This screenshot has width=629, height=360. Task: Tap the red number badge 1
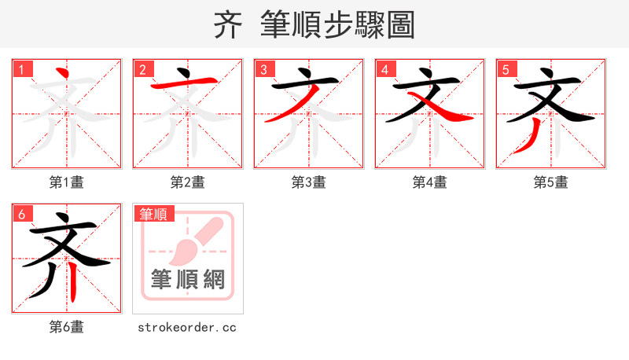point(21,69)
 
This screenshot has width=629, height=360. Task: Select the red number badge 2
point(142,69)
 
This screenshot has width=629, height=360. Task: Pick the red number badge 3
point(263,69)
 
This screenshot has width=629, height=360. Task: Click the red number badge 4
point(384,69)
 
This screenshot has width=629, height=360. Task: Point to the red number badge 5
point(506,69)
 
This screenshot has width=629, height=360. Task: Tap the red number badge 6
point(21,214)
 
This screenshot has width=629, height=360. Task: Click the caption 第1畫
point(67,182)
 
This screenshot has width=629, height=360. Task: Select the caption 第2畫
point(188,182)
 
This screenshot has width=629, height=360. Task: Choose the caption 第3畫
point(309,182)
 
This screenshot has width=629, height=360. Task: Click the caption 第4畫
point(430,182)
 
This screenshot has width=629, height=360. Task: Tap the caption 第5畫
point(551,182)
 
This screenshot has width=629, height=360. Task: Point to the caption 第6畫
point(67,327)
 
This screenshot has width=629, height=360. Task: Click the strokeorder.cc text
point(187,327)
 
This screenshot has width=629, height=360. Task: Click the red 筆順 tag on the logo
point(154,214)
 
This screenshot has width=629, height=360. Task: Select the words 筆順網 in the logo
point(188,279)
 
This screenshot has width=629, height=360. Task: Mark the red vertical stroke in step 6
point(73,283)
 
